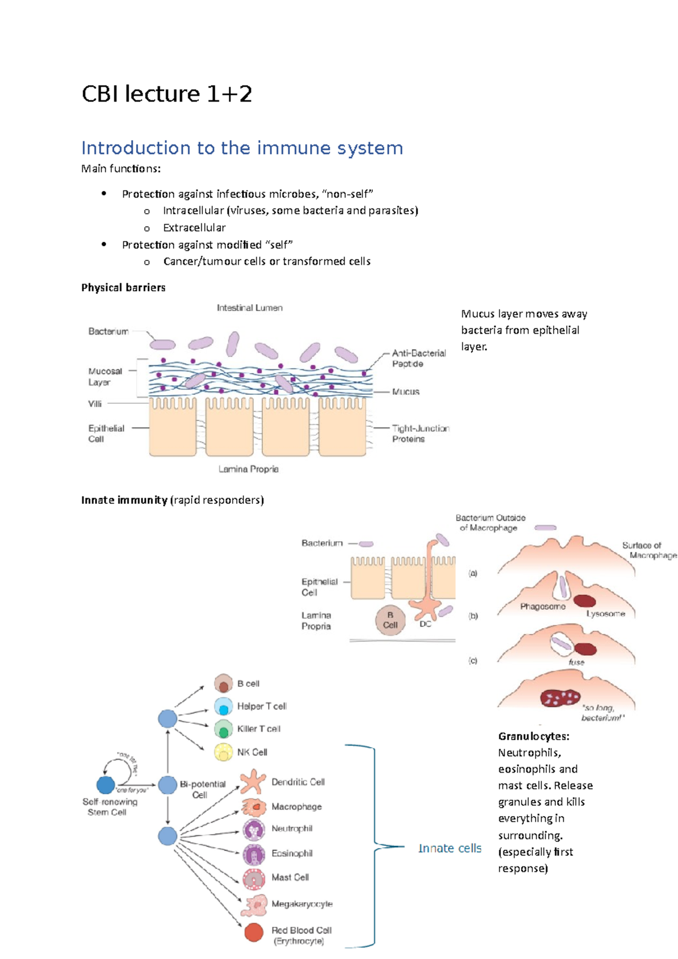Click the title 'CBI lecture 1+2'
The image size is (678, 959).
(167, 94)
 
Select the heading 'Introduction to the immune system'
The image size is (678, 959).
(242, 148)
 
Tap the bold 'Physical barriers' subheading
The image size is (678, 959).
(123, 287)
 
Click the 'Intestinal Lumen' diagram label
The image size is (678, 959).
(249, 308)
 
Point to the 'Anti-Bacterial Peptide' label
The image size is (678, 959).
(418, 358)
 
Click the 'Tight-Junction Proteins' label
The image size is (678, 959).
(420, 434)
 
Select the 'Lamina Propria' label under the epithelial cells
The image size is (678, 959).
(248, 469)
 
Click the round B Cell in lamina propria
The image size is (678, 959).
(390, 620)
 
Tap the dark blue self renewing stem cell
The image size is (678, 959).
(106, 784)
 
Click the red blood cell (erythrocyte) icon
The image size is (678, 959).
(254, 932)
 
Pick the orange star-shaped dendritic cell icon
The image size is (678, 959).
(253, 782)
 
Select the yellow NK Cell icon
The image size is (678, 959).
(224, 752)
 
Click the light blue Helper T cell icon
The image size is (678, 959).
(224, 707)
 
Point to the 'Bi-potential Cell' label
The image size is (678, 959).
(202, 789)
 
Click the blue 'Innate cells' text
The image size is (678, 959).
(449, 848)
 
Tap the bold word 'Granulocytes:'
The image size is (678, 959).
(533, 736)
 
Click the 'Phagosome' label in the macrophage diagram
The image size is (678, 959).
(542, 607)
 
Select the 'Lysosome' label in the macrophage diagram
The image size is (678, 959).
(605, 614)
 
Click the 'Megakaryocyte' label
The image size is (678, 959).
(302, 904)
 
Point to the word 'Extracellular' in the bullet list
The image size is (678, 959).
(194, 228)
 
